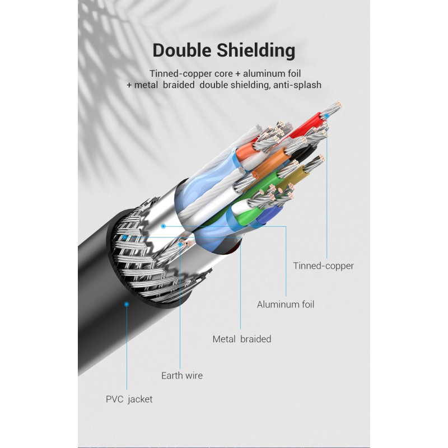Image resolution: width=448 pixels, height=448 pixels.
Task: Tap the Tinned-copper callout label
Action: [x=324, y=266]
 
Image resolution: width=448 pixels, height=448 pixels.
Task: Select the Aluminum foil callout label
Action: [x=286, y=305]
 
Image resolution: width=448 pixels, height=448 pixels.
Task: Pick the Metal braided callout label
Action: [x=242, y=339]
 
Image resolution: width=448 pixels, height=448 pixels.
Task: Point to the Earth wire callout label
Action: [x=182, y=375]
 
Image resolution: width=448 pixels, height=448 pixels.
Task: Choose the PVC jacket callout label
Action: [x=129, y=399]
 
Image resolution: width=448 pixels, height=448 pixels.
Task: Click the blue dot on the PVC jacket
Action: [x=127, y=304]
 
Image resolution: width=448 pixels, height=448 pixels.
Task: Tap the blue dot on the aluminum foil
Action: [x=164, y=226]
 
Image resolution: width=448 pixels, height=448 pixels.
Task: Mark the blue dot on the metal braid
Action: [x=124, y=237]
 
